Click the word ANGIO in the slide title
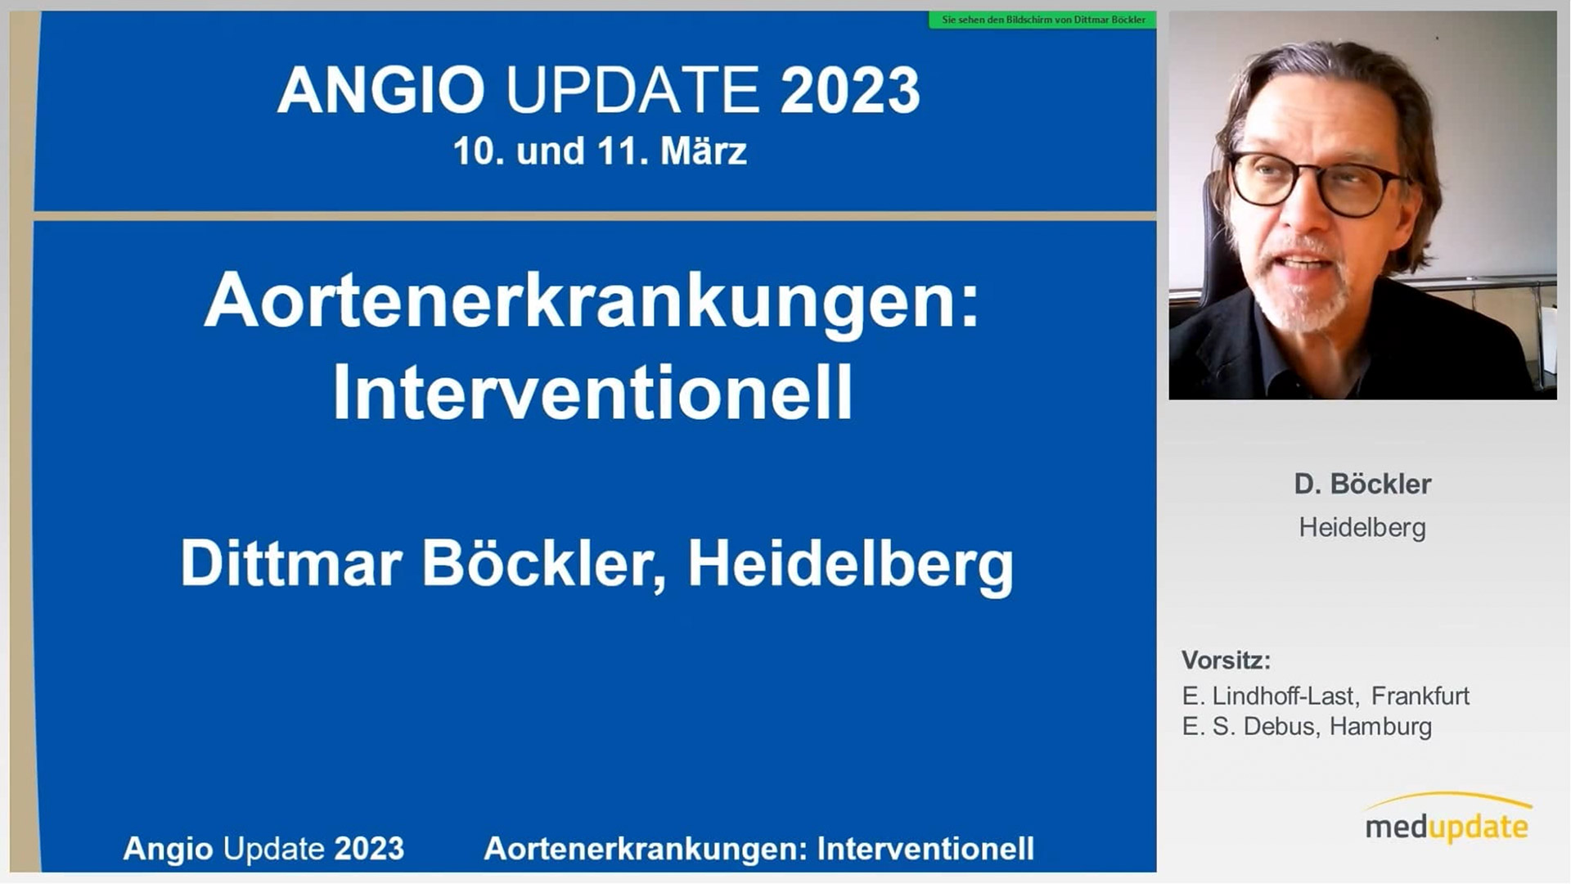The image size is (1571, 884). click(381, 90)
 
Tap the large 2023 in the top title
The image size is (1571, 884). click(850, 90)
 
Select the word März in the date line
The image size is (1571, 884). click(703, 151)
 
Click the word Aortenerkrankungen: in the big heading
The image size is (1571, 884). click(592, 301)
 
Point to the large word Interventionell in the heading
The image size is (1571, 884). click(592, 393)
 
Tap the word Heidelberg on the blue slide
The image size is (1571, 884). click(850, 565)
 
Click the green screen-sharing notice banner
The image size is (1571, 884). click(1042, 20)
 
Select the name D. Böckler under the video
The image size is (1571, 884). click(1362, 484)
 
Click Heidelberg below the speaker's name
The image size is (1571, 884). click(1362, 528)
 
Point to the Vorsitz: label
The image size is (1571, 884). click(1226, 660)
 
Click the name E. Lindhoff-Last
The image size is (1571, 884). click(1270, 696)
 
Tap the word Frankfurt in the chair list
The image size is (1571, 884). click(1420, 696)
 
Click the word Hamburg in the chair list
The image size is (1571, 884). click(1380, 727)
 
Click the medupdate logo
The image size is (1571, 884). click(1447, 819)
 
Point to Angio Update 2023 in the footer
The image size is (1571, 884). click(263, 849)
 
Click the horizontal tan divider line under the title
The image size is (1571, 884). click(595, 216)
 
